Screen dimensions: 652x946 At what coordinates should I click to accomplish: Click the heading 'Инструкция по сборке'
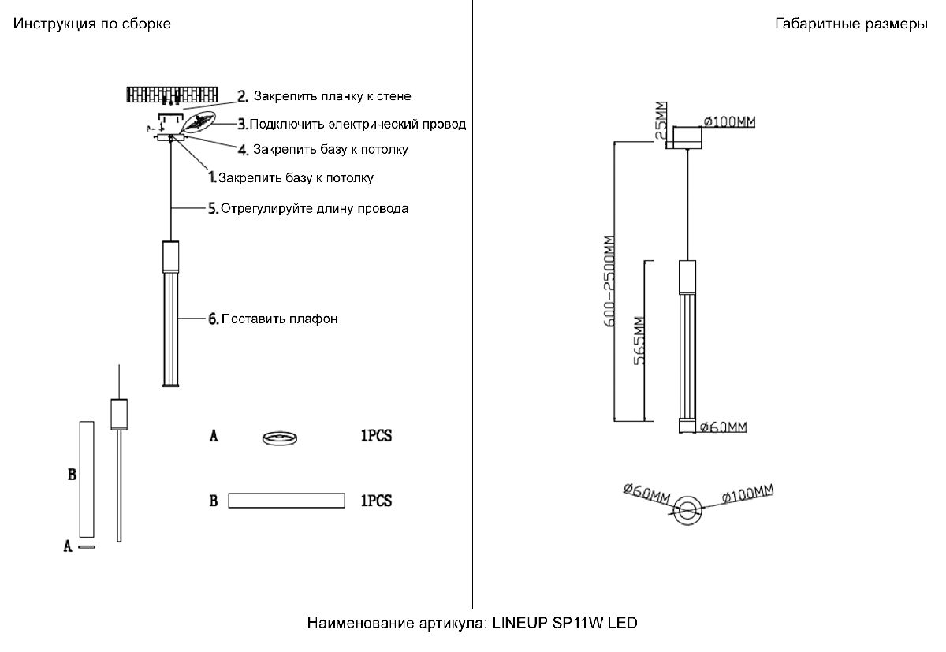[91, 24]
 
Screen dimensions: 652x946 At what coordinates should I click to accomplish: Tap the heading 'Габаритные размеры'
[851, 24]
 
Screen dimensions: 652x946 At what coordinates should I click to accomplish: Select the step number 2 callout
[244, 96]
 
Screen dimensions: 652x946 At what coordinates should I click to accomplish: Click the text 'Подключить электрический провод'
[357, 124]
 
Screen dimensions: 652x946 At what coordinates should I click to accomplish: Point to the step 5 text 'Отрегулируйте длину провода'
[315, 209]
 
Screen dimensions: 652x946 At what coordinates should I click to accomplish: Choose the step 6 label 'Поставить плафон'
[279, 319]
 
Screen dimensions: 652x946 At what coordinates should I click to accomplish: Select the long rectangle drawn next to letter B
[287, 501]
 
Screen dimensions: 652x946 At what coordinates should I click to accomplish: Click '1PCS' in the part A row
[376, 436]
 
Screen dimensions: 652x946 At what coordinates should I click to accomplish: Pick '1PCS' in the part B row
[376, 501]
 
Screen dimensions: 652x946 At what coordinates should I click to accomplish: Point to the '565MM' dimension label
[639, 339]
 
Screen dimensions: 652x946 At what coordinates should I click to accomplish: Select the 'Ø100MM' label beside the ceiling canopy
[729, 121]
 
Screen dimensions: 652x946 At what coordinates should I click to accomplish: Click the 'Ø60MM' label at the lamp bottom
[724, 427]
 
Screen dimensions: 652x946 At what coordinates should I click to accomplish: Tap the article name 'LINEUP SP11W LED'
[564, 624]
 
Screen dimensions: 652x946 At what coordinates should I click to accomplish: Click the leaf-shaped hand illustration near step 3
[199, 123]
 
